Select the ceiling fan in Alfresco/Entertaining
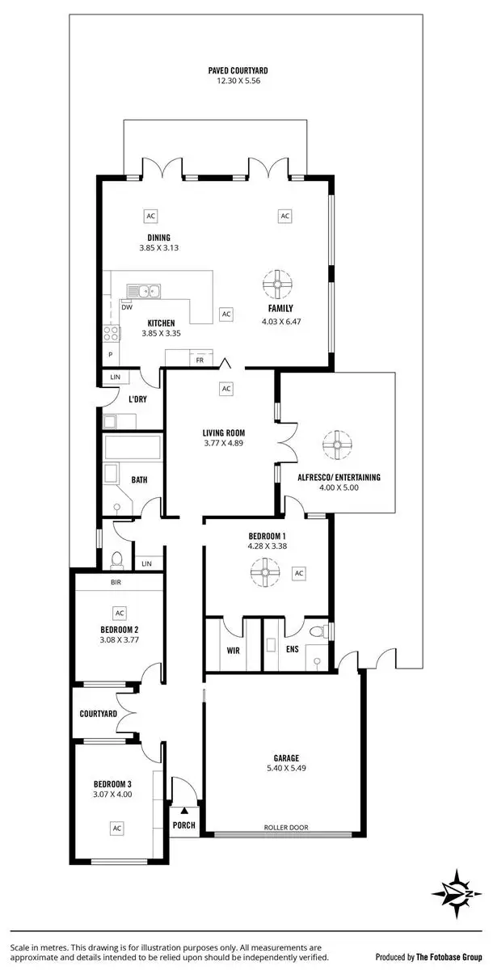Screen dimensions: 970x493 point(333,444)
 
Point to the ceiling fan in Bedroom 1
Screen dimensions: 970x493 point(263,573)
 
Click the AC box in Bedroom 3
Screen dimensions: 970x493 point(117,828)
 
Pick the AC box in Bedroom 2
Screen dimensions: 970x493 point(120,614)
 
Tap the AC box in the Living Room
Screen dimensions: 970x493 point(226,389)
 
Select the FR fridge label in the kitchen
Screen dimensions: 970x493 point(199,361)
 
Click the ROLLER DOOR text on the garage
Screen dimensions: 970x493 point(285,827)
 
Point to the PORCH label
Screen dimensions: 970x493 point(184,825)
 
